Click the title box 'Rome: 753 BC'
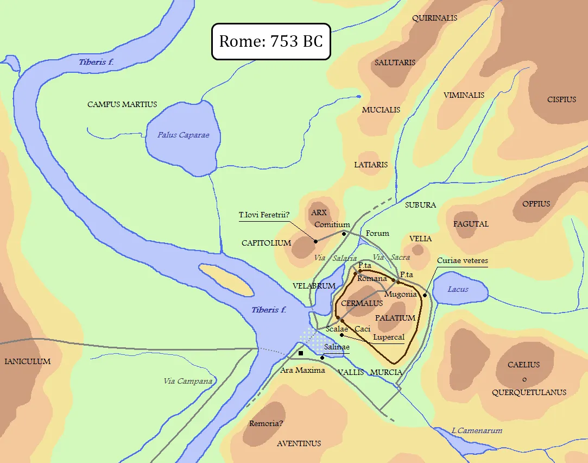pos(270,41)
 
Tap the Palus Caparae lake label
pos(183,135)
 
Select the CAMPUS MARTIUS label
pos(122,104)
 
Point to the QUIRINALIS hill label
pos(434,18)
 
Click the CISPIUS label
pos(561,99)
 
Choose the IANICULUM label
pos(27,361)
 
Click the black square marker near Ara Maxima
pos(301,353)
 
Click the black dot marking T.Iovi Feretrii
pos(315,241)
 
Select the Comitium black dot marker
pos(344,234)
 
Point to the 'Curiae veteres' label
pos(462,261)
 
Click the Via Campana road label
pos(188,381)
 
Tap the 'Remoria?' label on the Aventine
pos(267,423)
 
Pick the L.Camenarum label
pos(477,430)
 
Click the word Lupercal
pos(389,337)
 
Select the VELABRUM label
pos(314,286)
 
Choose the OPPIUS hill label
pos(536,204)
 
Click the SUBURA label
pos(420,205)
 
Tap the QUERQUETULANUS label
pos(529,392)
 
